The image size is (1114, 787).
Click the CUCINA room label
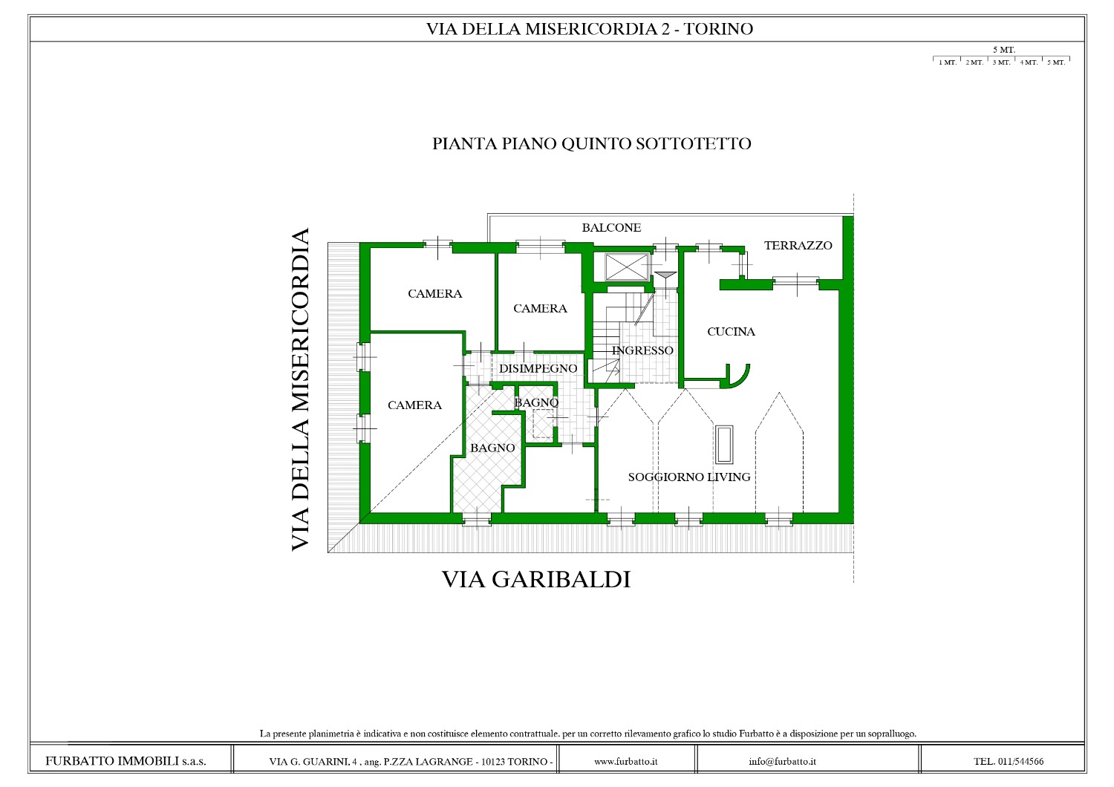[x=731, y=332]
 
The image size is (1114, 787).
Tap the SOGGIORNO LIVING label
[x=689, y=477]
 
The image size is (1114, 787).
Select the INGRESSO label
[x=642, y=350]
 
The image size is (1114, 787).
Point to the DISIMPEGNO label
[x=538, y=368]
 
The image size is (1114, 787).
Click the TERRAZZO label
[x=798, y=245]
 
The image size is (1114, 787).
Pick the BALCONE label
[x=612, y=228]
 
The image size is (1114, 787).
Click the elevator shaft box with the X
[x=627, y=267]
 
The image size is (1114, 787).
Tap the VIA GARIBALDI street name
[x=536, y=579]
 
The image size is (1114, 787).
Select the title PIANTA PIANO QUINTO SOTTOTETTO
[x=591, y=144]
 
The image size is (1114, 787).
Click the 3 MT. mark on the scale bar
[x=1001, y=62]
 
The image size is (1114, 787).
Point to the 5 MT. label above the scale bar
[x=1004, y=50]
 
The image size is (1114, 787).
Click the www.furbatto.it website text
[x=625, y=761]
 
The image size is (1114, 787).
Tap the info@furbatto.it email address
[x=782, y=761]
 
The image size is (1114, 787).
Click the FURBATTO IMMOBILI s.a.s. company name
[x=126, y=761]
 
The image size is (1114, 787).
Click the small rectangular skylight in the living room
[x=725, y=445]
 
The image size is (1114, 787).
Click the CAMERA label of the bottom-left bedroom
[x=414, y=405]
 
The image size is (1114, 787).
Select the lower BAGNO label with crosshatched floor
[x=492, y=448]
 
